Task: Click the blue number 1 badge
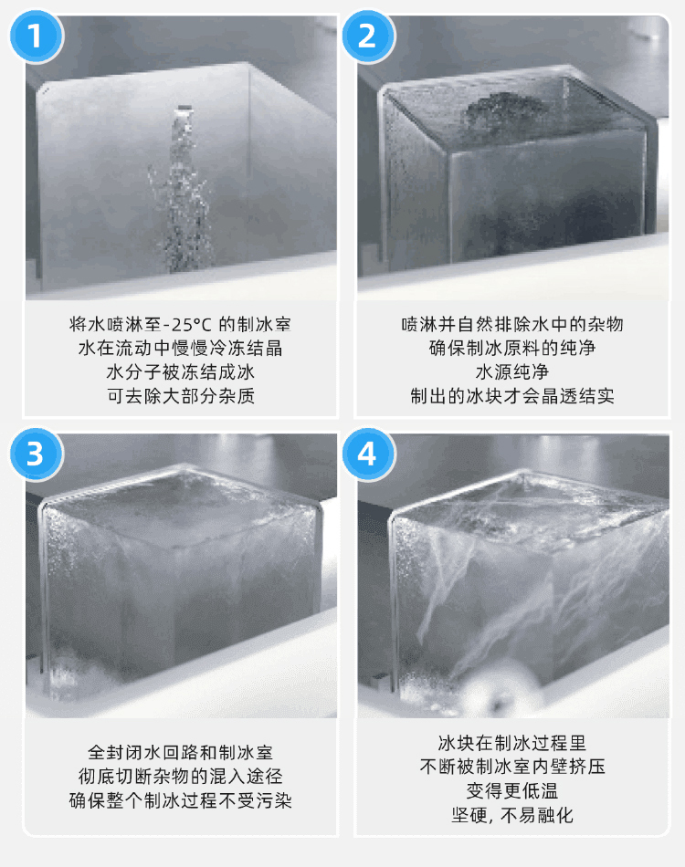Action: [36, 37]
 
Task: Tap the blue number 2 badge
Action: [367, 37]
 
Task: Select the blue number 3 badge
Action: [36, 454]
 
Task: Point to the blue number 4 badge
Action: [367, 454]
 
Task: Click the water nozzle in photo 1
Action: [184, 110]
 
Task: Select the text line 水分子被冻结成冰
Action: [180, 372]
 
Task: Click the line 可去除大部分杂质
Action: [180, 396]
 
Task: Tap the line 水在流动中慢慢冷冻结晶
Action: [180, 349]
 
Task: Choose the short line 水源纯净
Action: [512, 372]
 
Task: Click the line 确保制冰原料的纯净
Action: [512, 349]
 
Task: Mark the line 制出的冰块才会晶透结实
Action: [512, 396]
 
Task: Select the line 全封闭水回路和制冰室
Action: [180, 753]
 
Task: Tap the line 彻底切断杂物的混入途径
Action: [180, 777]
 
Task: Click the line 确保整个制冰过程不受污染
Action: [180, 800]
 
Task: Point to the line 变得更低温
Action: [512, 790]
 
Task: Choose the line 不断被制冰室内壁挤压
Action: [512, 767]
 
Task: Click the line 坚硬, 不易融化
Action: [512, 815]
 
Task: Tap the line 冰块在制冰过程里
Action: [512, 743]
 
